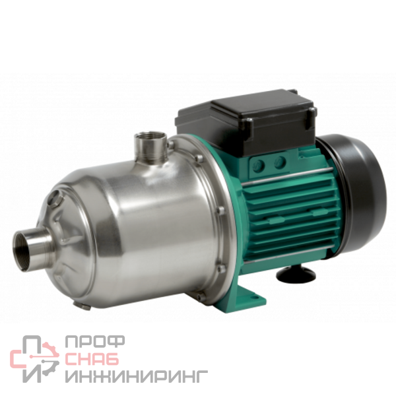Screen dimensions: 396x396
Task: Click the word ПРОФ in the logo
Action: click(94, 342)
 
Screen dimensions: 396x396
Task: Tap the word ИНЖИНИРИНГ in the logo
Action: click(137, 376)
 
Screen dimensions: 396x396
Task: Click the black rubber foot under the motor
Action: click(296, 274)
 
